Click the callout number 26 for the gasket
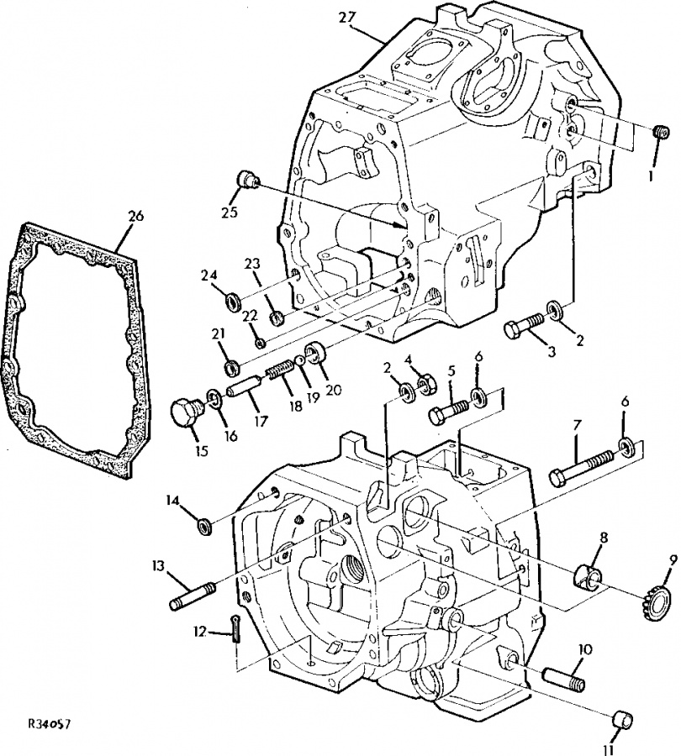point(135,216)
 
